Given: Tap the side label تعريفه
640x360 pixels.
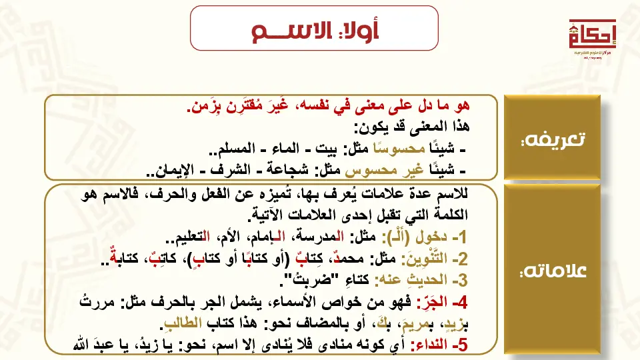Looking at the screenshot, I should pyautogui.click(x=553, y=139).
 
